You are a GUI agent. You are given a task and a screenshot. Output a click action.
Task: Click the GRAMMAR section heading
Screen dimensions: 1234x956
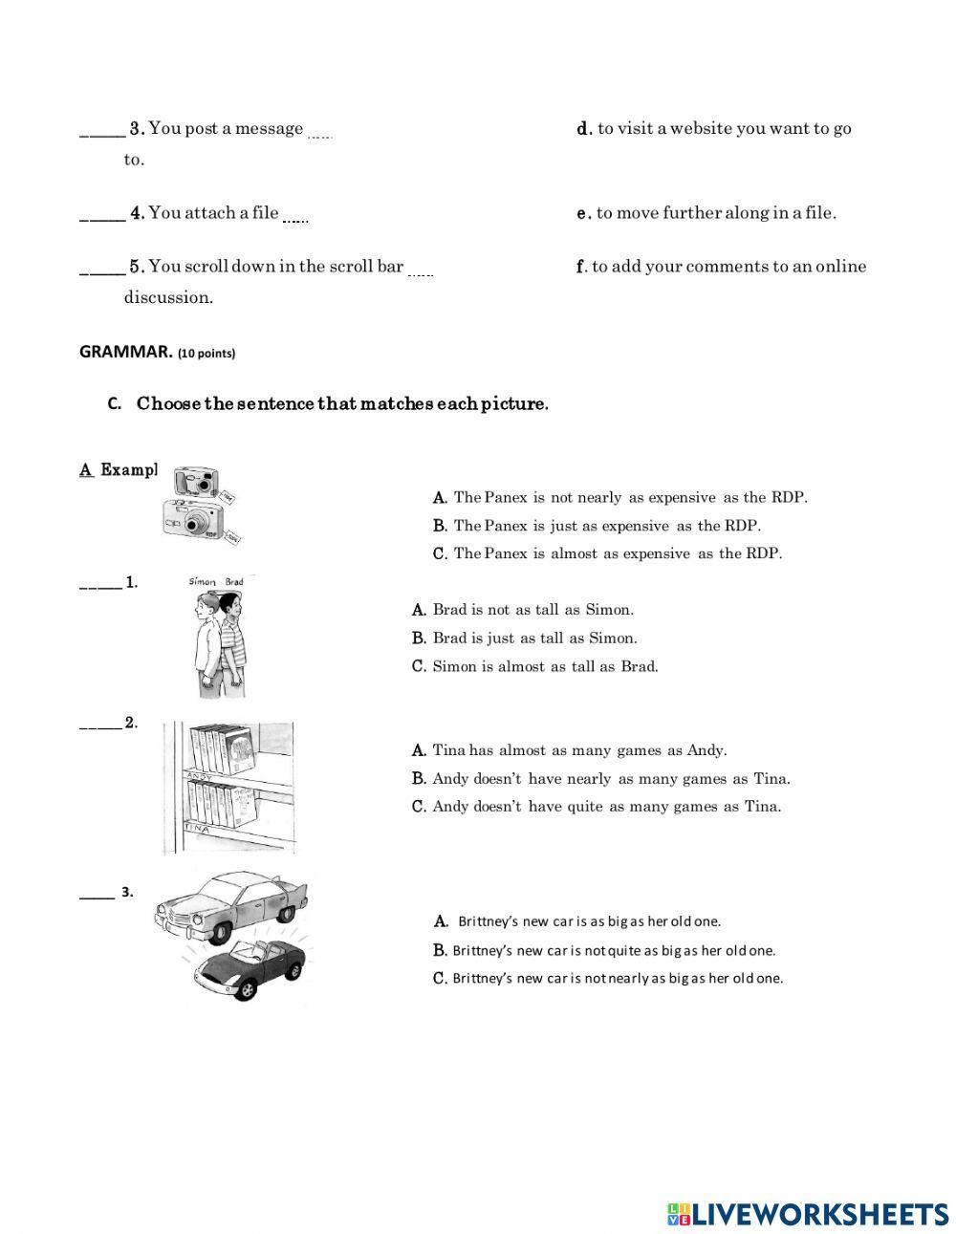tap(125, 352)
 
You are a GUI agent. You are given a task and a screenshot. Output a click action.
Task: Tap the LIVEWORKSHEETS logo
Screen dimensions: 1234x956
tap(808, 1213)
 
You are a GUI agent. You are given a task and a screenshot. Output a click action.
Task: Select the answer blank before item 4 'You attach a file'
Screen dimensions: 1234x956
tap(100, 214)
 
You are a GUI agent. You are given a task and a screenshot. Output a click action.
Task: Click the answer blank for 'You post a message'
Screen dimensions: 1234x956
tap(100, 130)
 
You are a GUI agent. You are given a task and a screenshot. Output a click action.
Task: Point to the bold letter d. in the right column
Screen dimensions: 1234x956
tap(584, 129)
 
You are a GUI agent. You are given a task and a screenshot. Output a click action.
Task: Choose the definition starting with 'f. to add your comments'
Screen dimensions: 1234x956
tap(722, 267)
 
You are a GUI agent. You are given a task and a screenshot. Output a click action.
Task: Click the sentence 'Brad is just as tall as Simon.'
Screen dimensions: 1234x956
tap(524, 638)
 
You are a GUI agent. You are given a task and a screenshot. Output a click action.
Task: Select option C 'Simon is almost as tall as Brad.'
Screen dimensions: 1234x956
tap(534, 666)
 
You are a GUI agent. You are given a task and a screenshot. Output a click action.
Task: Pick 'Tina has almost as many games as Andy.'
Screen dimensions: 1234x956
tap(569, 750)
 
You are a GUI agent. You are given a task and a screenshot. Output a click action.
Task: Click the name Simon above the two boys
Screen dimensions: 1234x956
tap(203, 581)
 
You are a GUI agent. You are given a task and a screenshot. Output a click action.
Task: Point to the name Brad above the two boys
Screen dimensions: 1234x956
tap(234, 581)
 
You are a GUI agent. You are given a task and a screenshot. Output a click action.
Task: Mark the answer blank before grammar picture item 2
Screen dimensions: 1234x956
tap(99, 723)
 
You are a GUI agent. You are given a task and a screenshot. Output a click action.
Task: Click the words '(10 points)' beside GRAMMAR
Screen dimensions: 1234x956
tap(206, 354)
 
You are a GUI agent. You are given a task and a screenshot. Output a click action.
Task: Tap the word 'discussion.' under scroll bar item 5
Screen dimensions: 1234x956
tap(168, 297)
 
